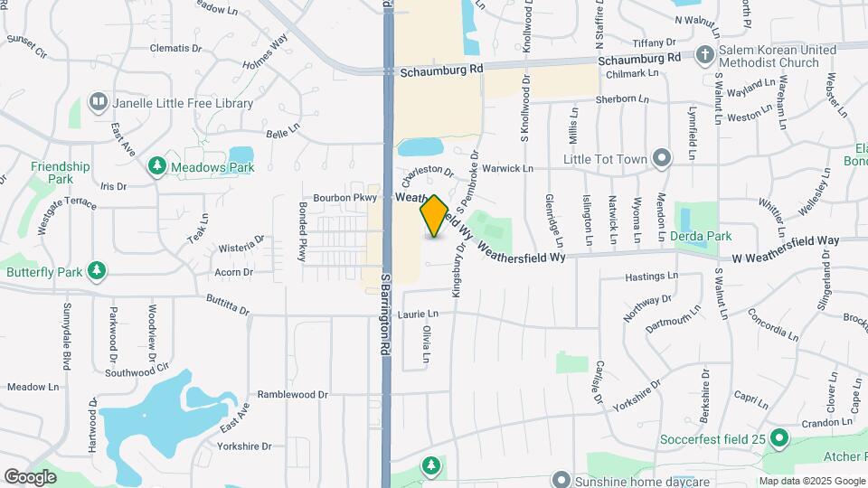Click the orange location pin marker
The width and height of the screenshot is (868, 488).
(434, 216)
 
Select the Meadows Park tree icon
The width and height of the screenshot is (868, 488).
(157, 166)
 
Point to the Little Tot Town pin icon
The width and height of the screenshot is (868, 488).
(662, 159)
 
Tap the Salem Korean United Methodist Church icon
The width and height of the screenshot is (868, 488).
(705, 56)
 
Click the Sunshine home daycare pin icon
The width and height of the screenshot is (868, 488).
(561, 478)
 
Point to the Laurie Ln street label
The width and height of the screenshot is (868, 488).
(418, 314)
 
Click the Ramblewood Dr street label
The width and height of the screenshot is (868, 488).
(292, 395)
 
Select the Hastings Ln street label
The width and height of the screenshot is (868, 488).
(651, 276)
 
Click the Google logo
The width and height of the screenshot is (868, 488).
(31, 476)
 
